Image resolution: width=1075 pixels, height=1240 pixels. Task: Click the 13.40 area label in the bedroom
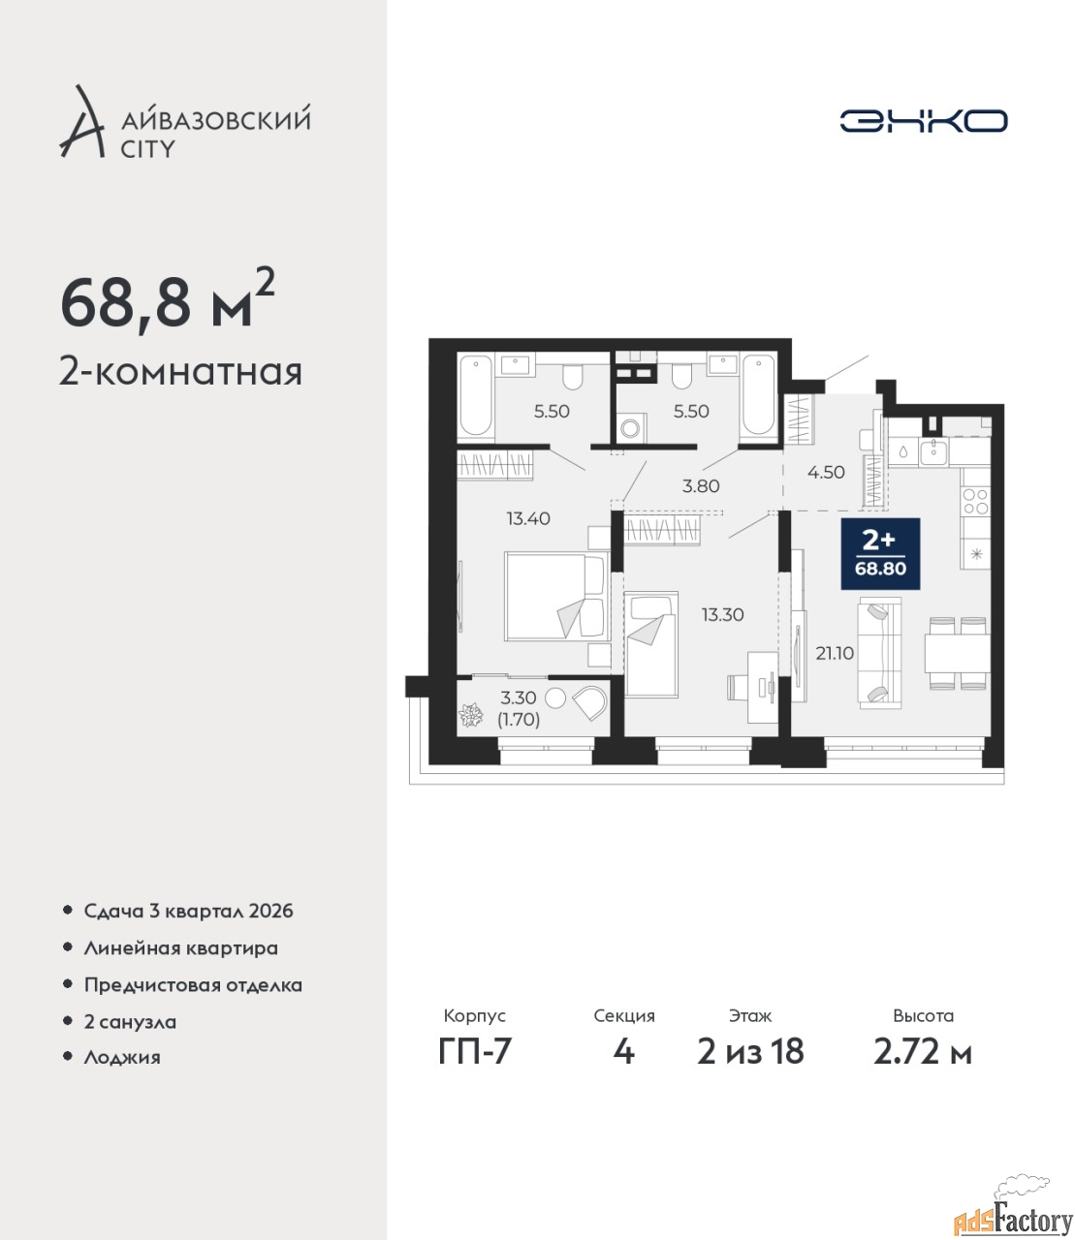click(528, 518)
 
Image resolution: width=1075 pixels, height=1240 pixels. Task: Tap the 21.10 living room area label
click(835, 653)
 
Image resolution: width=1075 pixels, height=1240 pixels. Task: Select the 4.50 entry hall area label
click(826, 472)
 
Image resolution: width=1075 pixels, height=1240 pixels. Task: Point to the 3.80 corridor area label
click(701, 486)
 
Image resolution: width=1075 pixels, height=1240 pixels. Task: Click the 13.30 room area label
click(722, 614)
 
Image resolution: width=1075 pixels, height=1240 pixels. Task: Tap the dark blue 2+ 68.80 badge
click(880, 553)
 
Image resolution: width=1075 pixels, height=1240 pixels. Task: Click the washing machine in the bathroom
click(631, 428)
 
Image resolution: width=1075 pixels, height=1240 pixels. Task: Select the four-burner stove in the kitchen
click(975, 502)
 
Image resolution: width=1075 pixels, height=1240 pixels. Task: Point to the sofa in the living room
click(880, 653)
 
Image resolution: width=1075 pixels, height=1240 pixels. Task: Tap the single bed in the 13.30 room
click(651, 644)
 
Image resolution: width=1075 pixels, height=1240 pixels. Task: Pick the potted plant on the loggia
click(470, 715)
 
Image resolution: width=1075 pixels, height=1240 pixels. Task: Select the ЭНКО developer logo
click(923, 120)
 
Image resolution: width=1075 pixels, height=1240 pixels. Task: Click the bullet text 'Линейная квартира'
click(180, 948)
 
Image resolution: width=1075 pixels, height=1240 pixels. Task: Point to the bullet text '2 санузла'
click(130, 1022)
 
